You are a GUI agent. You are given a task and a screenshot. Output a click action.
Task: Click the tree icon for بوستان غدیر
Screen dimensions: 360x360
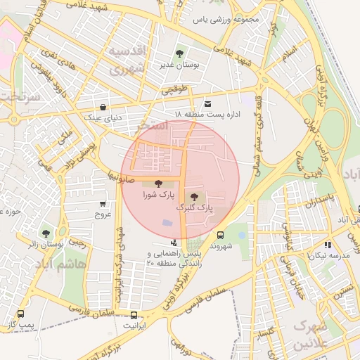(180, 53)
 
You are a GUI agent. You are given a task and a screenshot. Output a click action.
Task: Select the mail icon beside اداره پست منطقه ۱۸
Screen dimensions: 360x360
(207, 103)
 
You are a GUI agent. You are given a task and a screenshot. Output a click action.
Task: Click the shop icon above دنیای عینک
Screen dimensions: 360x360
(104, 108)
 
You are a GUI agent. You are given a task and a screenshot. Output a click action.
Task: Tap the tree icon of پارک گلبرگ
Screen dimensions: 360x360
(194, 196)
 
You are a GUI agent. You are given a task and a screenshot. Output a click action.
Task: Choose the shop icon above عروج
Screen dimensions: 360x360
(103, 204)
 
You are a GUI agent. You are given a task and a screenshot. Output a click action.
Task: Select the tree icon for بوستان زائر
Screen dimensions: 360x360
(46, 233)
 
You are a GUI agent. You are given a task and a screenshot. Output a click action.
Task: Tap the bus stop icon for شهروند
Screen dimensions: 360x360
(221, 236)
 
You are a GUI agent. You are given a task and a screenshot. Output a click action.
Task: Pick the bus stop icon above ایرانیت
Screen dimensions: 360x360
(134, 315)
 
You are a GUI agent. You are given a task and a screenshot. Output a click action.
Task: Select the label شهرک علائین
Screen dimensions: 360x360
(311, 335)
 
